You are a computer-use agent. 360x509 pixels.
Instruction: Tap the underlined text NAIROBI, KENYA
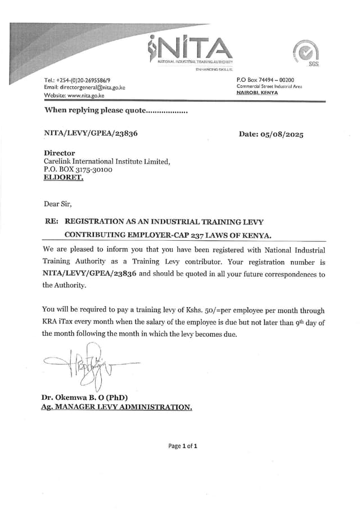tap(257, 92)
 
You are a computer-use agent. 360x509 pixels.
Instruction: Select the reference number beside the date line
tap(91, 133)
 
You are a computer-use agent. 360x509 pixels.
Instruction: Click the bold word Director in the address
tap(59, 153)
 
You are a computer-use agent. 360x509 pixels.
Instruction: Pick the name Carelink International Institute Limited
tap(106, 161)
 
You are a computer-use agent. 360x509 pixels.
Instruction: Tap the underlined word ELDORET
tap(63, 177)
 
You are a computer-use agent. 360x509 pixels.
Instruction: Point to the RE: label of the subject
tap(51, 222)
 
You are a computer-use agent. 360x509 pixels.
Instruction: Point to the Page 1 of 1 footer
tap(183, 446)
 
